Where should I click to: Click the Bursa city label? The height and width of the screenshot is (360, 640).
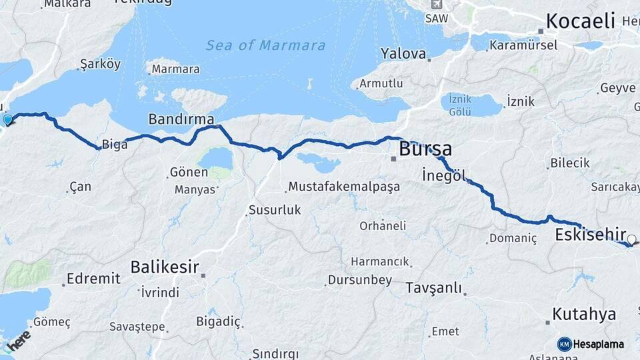point(425,149)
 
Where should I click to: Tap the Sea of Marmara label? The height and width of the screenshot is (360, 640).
point(265,45)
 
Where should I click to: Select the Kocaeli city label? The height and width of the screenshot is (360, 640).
point(579,21)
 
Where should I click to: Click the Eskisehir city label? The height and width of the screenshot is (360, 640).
point(590,235)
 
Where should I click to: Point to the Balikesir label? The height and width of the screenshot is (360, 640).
point(165,267)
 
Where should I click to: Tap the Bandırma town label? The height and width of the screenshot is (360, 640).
point(181,119)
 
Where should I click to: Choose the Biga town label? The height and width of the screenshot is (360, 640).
point(115,145)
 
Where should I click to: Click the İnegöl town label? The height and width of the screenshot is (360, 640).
point(443,175)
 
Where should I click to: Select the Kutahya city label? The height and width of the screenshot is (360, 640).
point(584,315)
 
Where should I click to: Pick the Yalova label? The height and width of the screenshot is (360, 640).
point(403,53)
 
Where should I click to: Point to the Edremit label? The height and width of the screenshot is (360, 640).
point(93,279)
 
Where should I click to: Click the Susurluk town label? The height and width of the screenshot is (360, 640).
point(274,210)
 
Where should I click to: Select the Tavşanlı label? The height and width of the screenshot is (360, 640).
point(433,287)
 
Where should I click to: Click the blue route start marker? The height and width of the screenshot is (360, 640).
point(7,120)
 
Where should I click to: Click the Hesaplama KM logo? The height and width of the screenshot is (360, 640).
point(591,344)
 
